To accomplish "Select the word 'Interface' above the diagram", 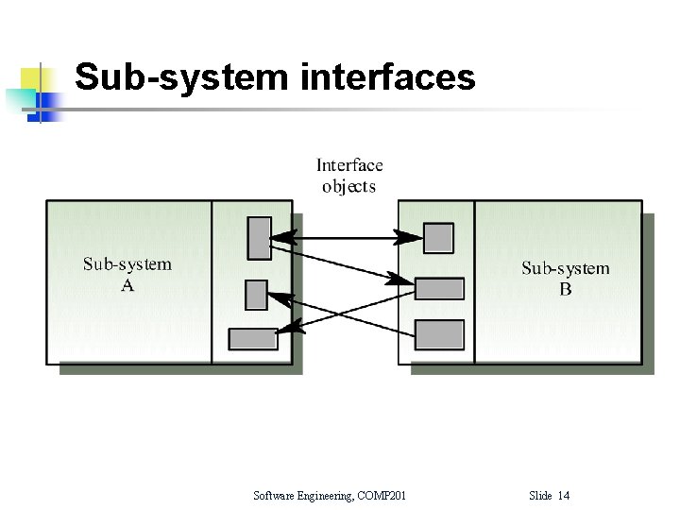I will (349, 166).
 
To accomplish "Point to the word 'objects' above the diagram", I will (348, 186).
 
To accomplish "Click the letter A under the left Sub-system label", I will (127, 285).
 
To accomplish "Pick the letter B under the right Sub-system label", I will (565, 289).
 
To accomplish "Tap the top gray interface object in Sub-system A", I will (259, 238).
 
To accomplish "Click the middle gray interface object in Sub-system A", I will (256, 295).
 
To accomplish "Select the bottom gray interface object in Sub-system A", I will (253, 337).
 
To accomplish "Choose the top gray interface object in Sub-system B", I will (438, 238).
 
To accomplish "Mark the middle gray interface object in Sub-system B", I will (439, 288).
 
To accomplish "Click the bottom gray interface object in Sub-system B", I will (439, 334).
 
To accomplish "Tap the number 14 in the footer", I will (564, 496).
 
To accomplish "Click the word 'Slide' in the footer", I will (540, 496).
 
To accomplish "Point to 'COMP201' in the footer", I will (382, 496).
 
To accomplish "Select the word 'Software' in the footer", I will (275, 496).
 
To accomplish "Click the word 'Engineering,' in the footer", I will (328, 496).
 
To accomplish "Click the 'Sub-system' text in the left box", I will (127, 264).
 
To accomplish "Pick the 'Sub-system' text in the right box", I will (565, 268).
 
